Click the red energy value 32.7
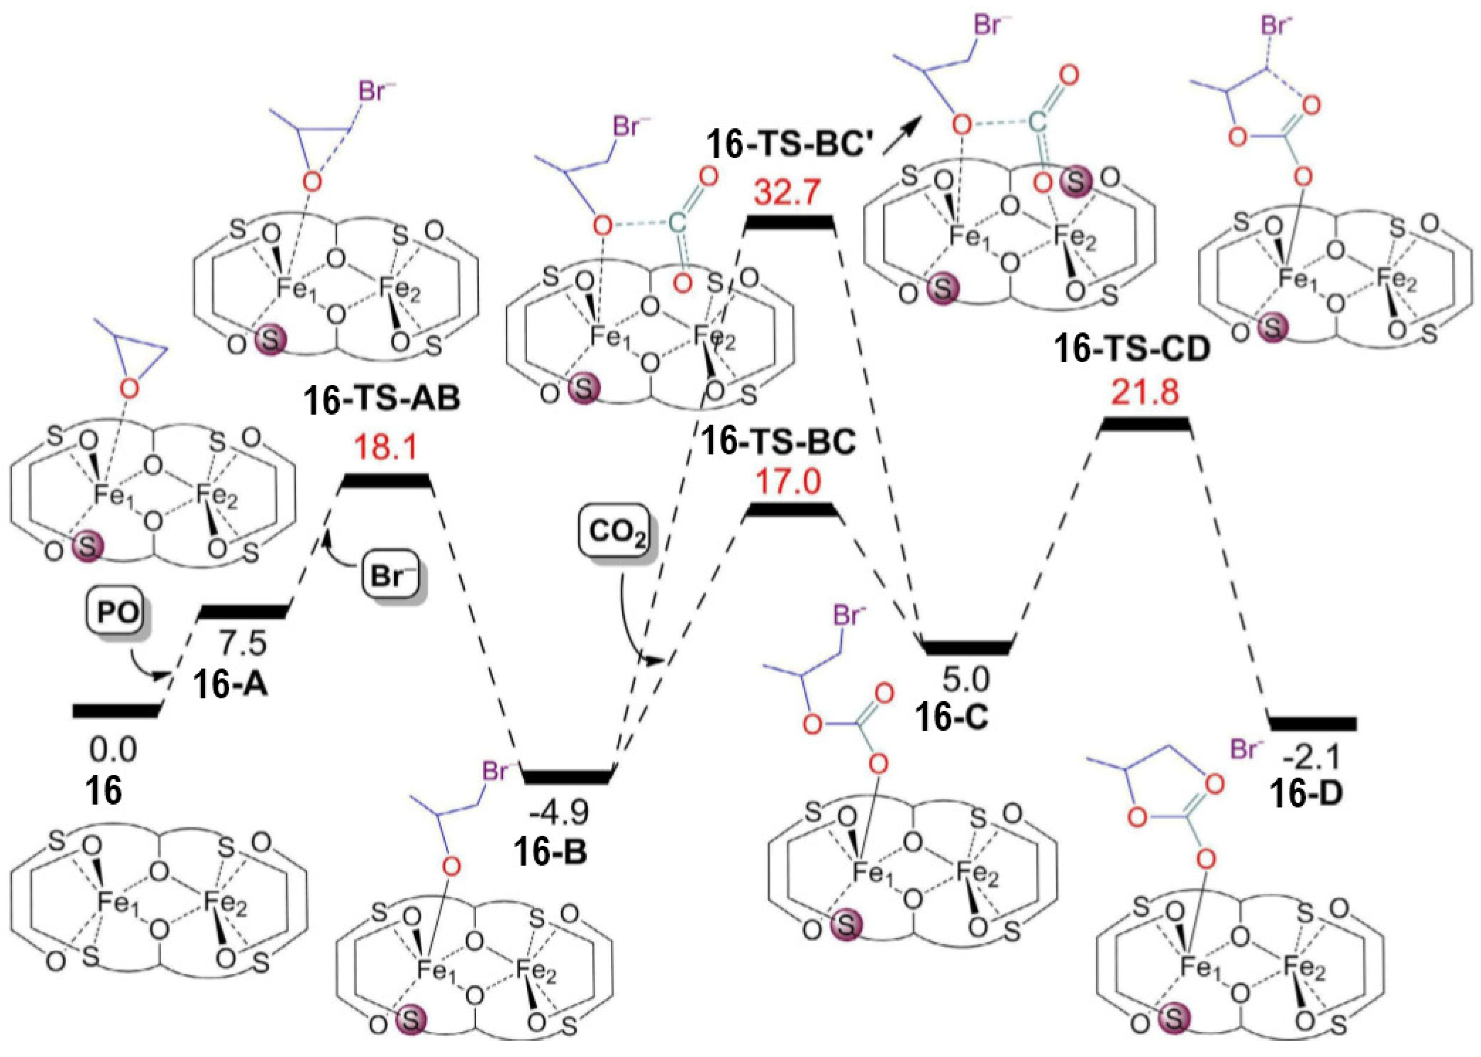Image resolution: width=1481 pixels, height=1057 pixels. coord(788,193)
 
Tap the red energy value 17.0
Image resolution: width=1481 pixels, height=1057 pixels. coord(788,482)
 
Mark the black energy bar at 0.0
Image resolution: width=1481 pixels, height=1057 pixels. coord(116,711)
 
